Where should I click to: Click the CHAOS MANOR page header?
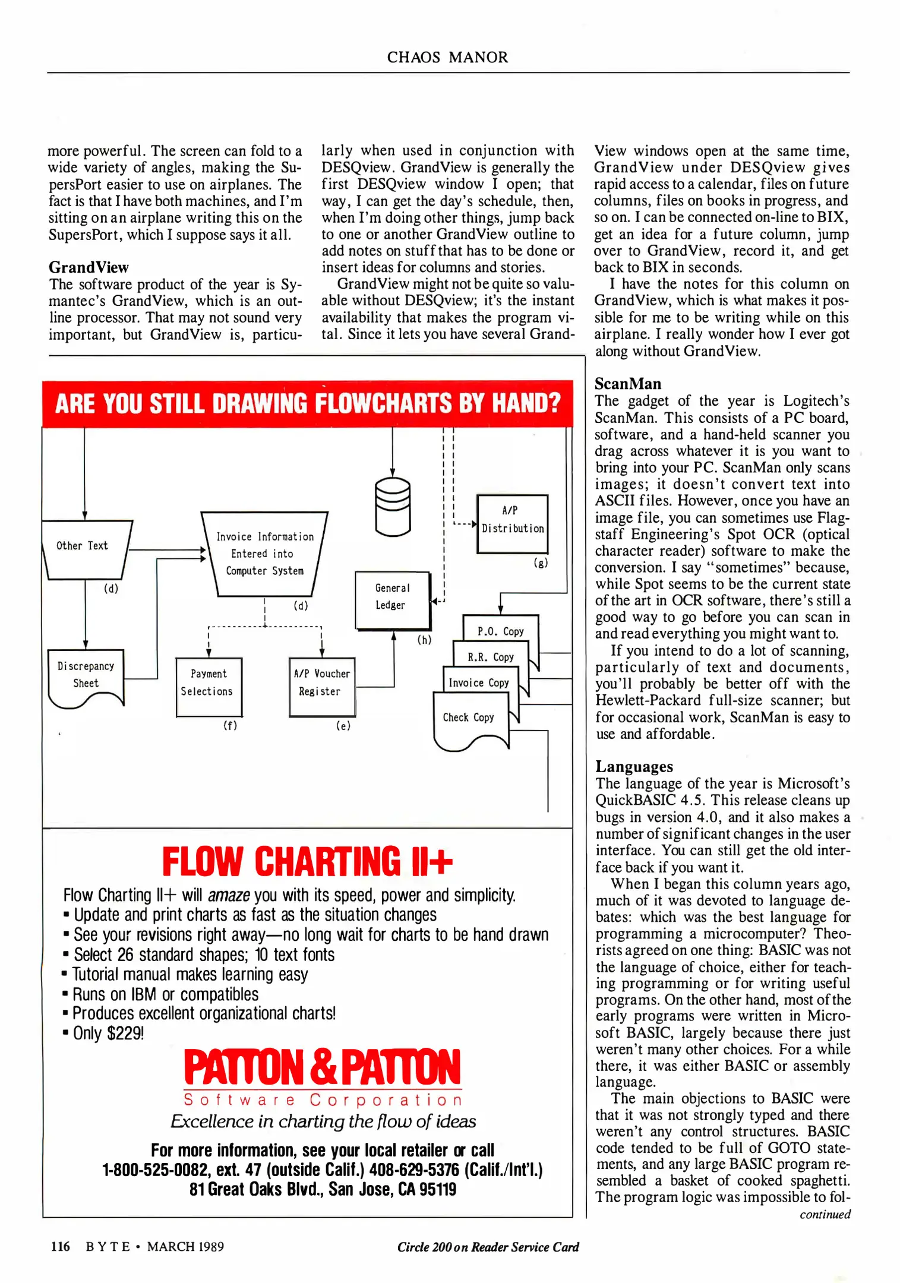click(x=447, y=57)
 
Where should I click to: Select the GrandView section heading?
click(x=89, y=267)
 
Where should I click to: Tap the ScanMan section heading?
click(x=628, y=384)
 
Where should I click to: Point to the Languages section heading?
click(x=634, y=766)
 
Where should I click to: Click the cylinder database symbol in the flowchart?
click(x=393, y=507)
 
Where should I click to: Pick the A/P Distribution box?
click(x=512, y=523)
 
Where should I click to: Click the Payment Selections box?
click(x=209, y=686)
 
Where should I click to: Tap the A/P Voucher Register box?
click(x=322, y=686)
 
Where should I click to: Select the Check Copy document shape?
click(x=469, y=720)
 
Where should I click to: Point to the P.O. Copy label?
click(x=500, y=631)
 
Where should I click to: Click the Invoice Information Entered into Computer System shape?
click(x=264, y=554)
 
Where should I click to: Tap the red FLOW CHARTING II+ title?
click(x=307, y=862)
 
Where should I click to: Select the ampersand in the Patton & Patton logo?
click(x=324, y=1067)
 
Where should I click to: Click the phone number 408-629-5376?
click(x=413, y=1170)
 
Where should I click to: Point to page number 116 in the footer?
click(x=61, y=1246)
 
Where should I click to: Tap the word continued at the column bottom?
click(x=825, y=1214)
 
